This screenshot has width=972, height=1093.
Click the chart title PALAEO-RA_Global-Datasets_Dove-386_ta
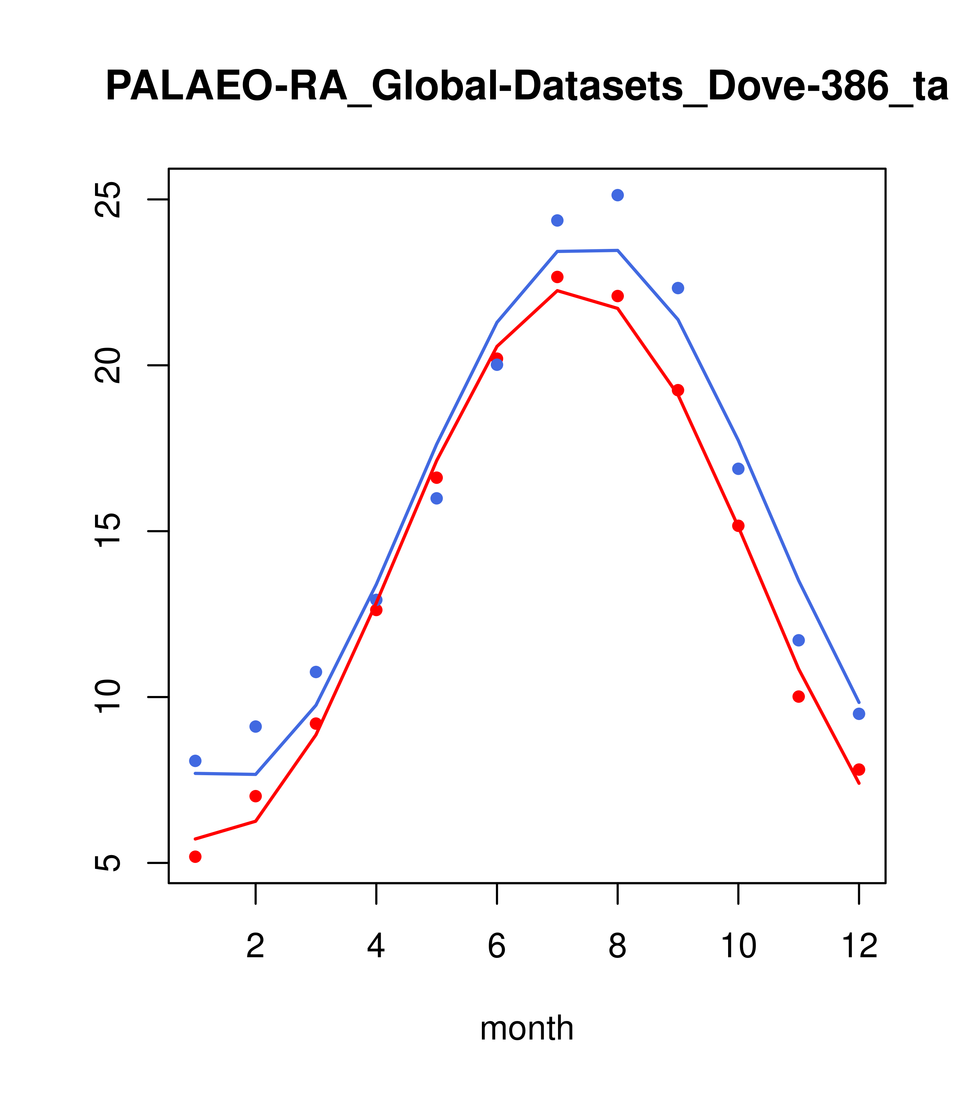point(526,87)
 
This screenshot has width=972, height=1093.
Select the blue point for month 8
point(617,195)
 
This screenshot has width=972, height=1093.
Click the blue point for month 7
point(557,220)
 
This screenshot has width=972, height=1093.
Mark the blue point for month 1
point(195,760)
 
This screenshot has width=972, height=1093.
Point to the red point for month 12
point(859,769)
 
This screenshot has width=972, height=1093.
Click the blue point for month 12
point(859,714)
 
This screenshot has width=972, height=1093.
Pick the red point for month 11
point(799,696)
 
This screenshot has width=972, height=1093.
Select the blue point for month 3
point(316,672)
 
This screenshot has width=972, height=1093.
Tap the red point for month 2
point(256,796)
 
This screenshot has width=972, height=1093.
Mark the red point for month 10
point(738,526)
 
